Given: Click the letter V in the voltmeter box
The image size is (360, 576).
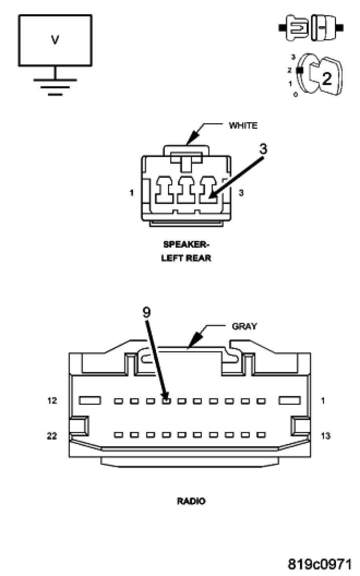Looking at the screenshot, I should click(x=55, y=40).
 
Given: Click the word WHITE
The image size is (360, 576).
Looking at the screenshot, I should click(x=243, y=126).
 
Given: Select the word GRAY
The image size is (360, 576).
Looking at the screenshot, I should click(x=244, y=326).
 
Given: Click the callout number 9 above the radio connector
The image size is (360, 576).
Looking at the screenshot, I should click(x=146, y=312).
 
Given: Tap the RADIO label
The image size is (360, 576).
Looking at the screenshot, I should click(x=191, y=501).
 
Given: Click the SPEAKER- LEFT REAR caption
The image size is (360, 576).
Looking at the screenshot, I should click(x=186, y=251).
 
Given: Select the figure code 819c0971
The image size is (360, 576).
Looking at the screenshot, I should click(x=320, y=564).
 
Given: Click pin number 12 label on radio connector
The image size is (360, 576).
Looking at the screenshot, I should click(x=52, y=401).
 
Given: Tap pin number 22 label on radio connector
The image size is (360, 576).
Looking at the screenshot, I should click(x=52, y=436).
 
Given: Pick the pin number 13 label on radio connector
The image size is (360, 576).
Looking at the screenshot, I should click(x=325, y=436).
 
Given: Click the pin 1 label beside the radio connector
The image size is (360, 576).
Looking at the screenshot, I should click(x=323, y=401).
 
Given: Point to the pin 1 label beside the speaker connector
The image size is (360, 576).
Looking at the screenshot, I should click(x=132, y=193).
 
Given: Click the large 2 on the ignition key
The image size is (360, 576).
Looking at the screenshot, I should click(x=326, y=79).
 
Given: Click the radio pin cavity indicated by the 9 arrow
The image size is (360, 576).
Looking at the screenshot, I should click(x=166, y=401).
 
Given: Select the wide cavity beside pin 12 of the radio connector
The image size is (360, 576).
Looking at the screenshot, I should click(x=90, y=401).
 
